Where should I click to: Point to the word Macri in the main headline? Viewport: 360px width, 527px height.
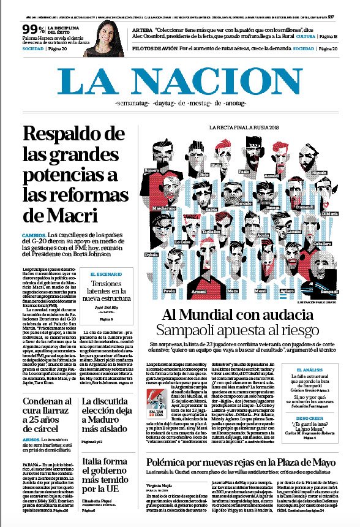[x=61, y=215]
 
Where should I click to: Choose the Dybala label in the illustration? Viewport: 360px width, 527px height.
[x=151, y=253]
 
